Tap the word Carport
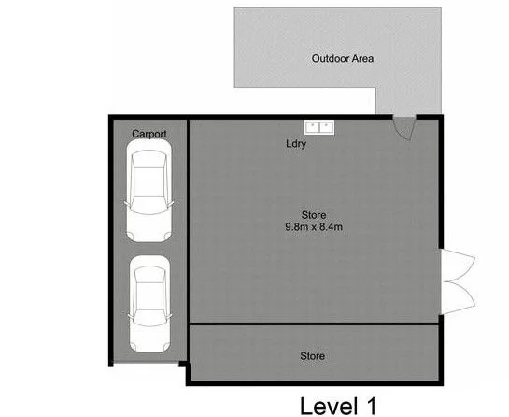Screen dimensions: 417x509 click(149, 135)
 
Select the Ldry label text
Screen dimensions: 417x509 click(296, 144)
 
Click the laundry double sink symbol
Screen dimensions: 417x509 click(319, 126)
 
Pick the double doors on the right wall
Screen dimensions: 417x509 click(458, 280)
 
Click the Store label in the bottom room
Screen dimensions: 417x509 click(312, 356)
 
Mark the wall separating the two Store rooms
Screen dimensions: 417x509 click(314, 324)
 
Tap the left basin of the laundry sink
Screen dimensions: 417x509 click(312, 126)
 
